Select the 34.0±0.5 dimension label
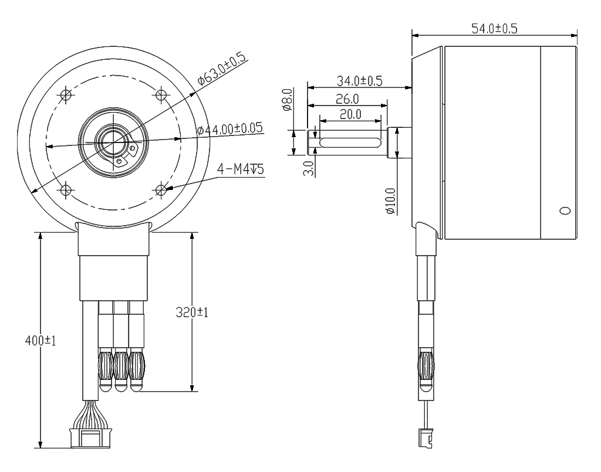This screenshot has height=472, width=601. (360, 81)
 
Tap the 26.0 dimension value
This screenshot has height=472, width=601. (347, 98)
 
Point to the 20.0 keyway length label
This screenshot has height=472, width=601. (350, 114)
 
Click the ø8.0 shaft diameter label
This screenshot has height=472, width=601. (288, 99)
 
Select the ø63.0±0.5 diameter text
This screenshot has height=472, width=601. (222, 69)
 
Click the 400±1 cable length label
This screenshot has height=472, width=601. (39, 341)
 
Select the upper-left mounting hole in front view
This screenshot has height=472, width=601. (66, 94)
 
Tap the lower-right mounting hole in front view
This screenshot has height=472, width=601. (161, 189)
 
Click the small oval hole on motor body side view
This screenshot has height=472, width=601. (565, 210)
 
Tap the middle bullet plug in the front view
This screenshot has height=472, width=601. (121, 369)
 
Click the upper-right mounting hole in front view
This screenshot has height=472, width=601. (161, 94)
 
